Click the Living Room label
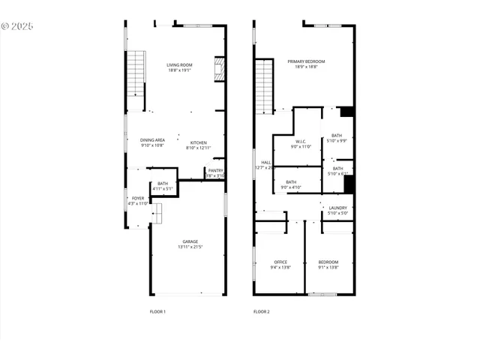179,65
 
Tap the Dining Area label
152,140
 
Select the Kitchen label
198,142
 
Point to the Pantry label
215,170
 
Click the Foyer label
138,199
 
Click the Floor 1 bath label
163,184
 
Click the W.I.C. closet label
300,141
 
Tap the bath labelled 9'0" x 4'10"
290,182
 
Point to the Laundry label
337,208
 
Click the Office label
280,262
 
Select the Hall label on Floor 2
265,163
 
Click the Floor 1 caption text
157,311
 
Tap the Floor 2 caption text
261,311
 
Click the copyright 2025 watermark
17,26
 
